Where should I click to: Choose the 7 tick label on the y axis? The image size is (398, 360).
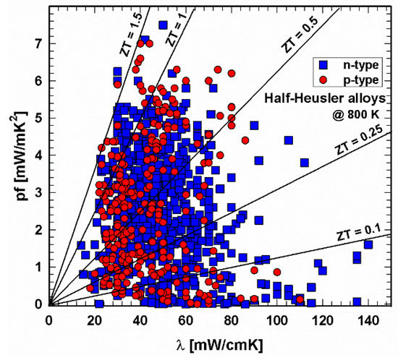pyautogui.click(x=37, y=43)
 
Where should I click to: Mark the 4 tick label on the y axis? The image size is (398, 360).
pyautogui.click(x=37, y=155)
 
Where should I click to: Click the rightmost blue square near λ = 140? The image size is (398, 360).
pyautogui.click(x=368, y=245)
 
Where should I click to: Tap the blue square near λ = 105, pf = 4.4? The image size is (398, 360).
pyautogui.click(x=288, y=140)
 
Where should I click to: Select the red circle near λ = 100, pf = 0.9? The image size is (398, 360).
pyautogui.click(x=276, y=272)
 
